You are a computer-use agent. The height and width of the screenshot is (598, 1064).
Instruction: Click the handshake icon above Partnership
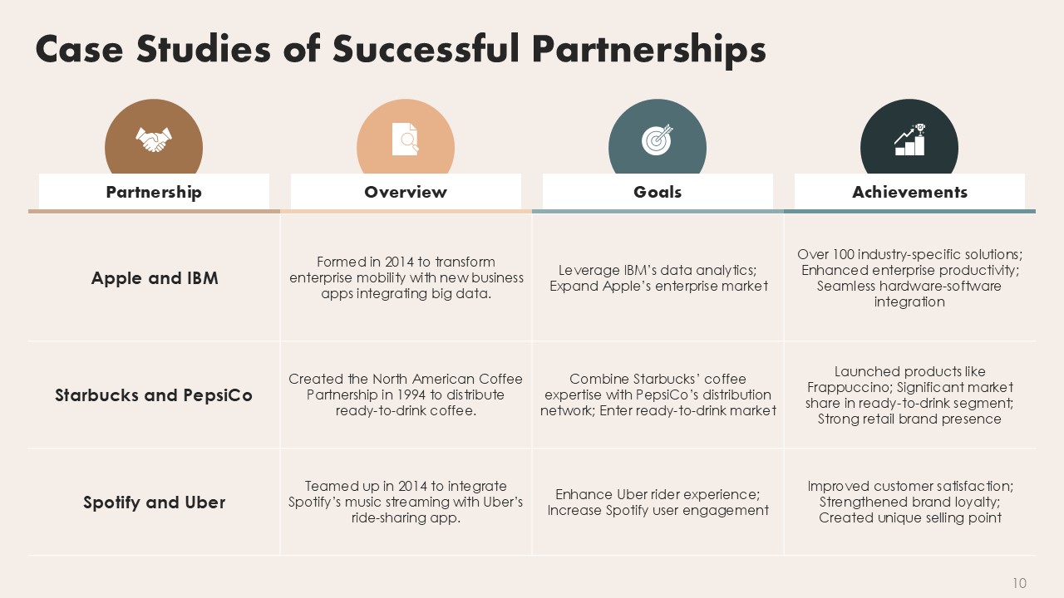click(154, 140)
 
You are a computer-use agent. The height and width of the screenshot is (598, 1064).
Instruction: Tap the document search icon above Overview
click(405, 139)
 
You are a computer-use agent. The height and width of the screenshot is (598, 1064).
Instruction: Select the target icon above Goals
click(658, 140)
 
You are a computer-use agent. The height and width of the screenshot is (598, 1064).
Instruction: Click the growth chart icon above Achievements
click(909, 140)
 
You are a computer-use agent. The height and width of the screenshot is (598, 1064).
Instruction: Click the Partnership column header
click(154, 192)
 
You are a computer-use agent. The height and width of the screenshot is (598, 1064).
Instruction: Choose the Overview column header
click(406, 192)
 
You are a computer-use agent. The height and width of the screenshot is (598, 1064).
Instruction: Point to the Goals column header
click(658, 192)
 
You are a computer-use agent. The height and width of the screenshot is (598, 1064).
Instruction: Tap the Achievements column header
click(909, 192)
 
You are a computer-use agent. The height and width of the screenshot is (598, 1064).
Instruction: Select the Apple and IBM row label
click(155, 278)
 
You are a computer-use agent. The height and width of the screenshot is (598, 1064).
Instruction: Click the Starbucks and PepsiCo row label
click(154, 395)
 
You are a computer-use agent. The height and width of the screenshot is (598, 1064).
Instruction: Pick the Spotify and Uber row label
click(155, 502)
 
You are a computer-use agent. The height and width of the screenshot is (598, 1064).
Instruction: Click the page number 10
click(1020, 583)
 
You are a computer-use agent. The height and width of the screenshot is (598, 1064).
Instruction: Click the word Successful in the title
click(426, 49)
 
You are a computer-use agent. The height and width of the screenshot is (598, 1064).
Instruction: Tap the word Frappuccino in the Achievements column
click(849, 387)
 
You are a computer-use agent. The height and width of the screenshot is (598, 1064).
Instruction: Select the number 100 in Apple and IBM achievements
click(843, 254)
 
